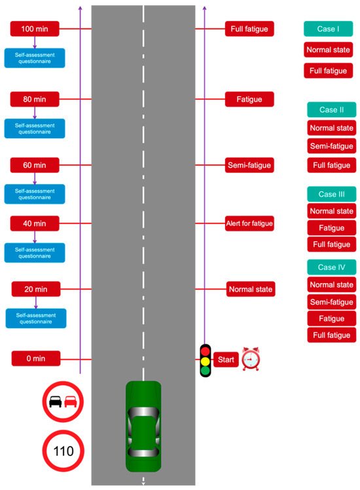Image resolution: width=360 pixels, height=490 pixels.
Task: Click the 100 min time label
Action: [x=35, y=29]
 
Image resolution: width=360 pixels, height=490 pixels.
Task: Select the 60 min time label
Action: [x=35, y=164]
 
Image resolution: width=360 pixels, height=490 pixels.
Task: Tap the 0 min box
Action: [x=36, y=358]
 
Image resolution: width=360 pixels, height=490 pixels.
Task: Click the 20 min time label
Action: [x=36, y=289]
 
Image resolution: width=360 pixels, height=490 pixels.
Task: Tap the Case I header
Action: [x=328, y=29]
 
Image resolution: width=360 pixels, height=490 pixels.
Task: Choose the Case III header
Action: [x=331, y=194]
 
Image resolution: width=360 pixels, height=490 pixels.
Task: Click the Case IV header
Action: [x=331, y=267]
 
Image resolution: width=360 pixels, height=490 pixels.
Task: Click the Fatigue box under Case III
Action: [x=331, y=227]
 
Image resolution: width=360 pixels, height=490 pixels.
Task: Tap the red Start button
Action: [x=226, y=359]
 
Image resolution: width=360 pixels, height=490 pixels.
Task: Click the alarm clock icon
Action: [x=251, y=359]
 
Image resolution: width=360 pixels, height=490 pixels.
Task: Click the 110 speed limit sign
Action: [x=64, y=451]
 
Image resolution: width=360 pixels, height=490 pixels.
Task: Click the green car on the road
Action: [x=143, y=426]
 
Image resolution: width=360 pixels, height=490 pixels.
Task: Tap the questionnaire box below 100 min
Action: [x=35, y=58]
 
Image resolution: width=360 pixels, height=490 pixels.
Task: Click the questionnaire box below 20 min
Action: [x=36, y=318]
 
